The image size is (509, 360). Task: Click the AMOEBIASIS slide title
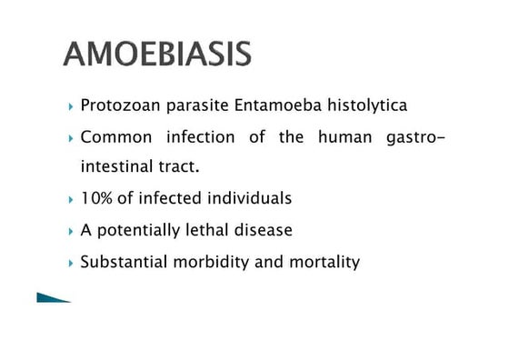[x=157, y=54]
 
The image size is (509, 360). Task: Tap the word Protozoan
[x=117, y=106]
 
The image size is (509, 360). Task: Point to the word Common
[x=116, y=137]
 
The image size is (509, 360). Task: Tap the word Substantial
[x=121, y=262]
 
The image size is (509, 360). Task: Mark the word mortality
[x=325, y=262]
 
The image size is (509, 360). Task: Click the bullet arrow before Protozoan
[x=71, y=107]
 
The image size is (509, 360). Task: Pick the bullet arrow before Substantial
[x=71, y=263]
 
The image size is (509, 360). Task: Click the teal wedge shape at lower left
[x=50, y=297]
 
